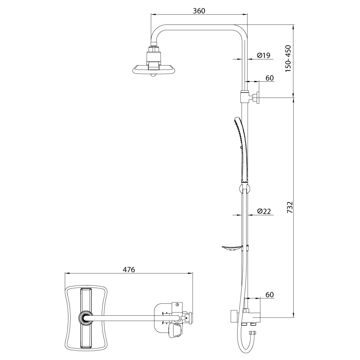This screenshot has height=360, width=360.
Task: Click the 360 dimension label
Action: point(199,11)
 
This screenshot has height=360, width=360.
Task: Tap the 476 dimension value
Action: point(129,270)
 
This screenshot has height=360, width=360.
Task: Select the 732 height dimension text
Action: point(290,207)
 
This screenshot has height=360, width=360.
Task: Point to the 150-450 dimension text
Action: point(288,59)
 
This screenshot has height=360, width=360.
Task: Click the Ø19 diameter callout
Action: point(264,55)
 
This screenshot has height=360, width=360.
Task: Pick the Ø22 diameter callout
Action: point(264,211)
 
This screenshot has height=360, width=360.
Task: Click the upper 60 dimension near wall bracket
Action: point(270,78)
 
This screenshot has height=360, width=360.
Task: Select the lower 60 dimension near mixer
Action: point(270,294)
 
